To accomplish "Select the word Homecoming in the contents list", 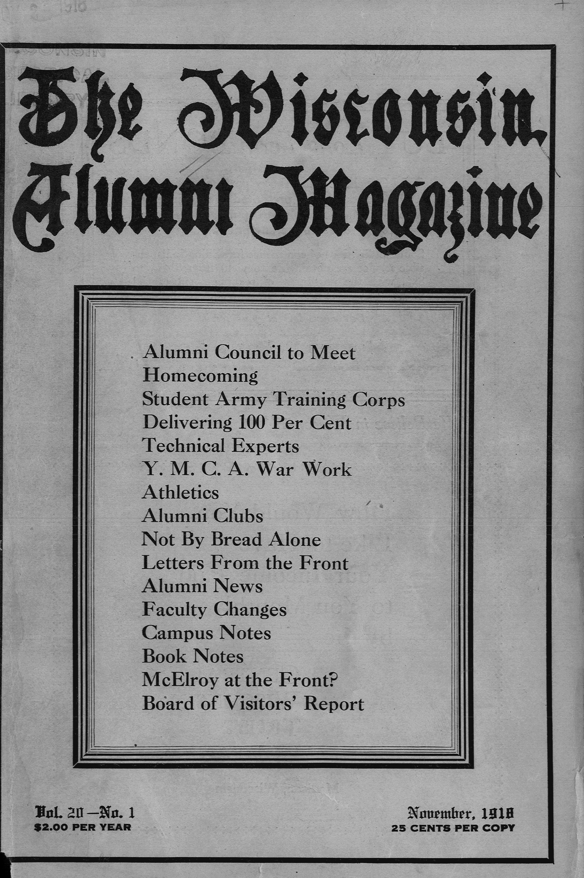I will coord(200,376).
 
